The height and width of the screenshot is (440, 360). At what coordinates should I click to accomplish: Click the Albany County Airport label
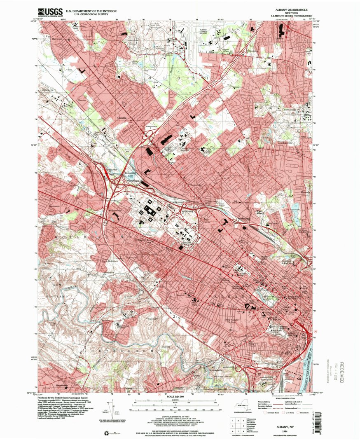(204, 32)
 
